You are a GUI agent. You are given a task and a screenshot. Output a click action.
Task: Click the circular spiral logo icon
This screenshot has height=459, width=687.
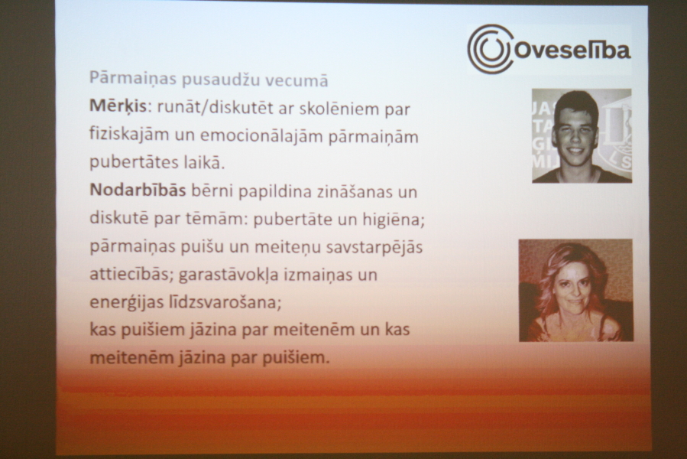[x=489, y=49]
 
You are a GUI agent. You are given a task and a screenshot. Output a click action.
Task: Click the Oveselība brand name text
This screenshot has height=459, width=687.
[x=572, y=50]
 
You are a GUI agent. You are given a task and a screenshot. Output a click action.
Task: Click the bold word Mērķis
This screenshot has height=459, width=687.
[x=118, y=106]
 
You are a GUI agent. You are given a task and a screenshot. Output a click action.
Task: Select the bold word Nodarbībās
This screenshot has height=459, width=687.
[x=138, y=190]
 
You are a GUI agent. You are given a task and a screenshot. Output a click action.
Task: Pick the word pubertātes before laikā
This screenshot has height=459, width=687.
[x=132, y=163]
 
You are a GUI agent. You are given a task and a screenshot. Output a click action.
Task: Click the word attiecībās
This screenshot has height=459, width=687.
[x=131, y=275]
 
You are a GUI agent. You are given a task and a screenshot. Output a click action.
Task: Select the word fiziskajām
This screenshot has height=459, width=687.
[x=129, y=135]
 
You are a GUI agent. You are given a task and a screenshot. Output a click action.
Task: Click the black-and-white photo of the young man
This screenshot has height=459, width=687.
[x=582, y=135]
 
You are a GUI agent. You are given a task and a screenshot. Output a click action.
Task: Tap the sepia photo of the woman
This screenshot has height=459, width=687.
[x=575, y=290]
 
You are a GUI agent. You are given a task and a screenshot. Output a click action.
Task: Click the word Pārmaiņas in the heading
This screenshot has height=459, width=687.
[x=133, y=79]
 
